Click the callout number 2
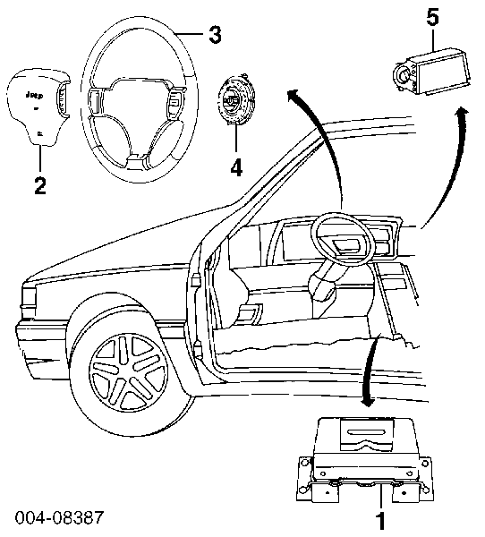tap(38, 185)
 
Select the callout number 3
tap(214, 36)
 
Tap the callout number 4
tap(235, 166)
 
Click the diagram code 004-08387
tap(58, 518)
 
